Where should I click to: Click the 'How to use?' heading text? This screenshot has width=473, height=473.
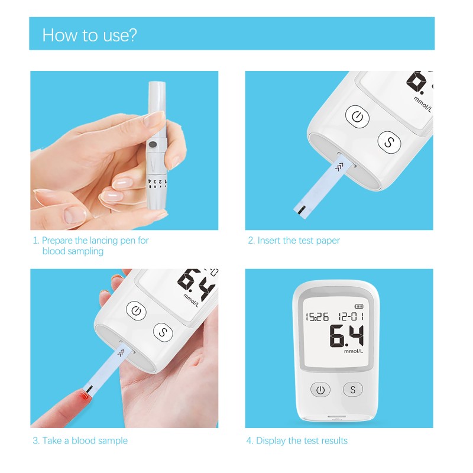89,35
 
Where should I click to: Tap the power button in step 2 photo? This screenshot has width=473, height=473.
357,116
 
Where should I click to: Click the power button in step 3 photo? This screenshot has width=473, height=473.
136,311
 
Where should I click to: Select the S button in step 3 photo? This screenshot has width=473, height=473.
163,332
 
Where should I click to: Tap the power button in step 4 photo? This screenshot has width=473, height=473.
320,390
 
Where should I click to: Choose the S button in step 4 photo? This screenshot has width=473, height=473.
353,390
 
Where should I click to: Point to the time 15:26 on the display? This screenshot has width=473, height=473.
317,317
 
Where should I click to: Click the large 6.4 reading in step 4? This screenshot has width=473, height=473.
346,336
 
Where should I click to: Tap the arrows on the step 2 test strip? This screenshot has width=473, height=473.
339,167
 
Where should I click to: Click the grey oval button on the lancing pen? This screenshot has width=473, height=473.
154,144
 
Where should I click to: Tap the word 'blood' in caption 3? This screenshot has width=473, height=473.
84,440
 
